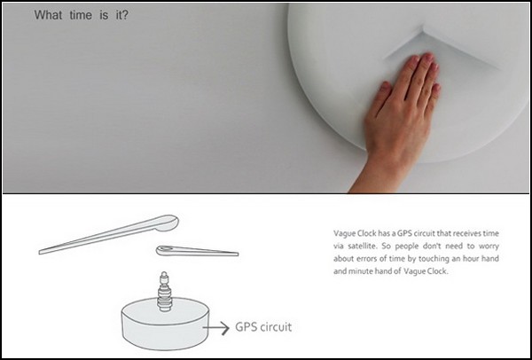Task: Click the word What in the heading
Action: point(48,15)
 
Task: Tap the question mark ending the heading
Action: point(125,15)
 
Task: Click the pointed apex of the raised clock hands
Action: point(423,31)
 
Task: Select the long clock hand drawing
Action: point(108,234)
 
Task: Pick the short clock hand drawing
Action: point(197,251)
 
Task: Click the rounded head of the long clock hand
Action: point(167,223)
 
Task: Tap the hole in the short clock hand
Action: point(165,249)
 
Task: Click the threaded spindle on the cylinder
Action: point(165,291)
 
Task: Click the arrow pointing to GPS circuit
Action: point(216,328)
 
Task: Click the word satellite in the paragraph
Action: point(360,246)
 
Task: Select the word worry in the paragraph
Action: point(490,247)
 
